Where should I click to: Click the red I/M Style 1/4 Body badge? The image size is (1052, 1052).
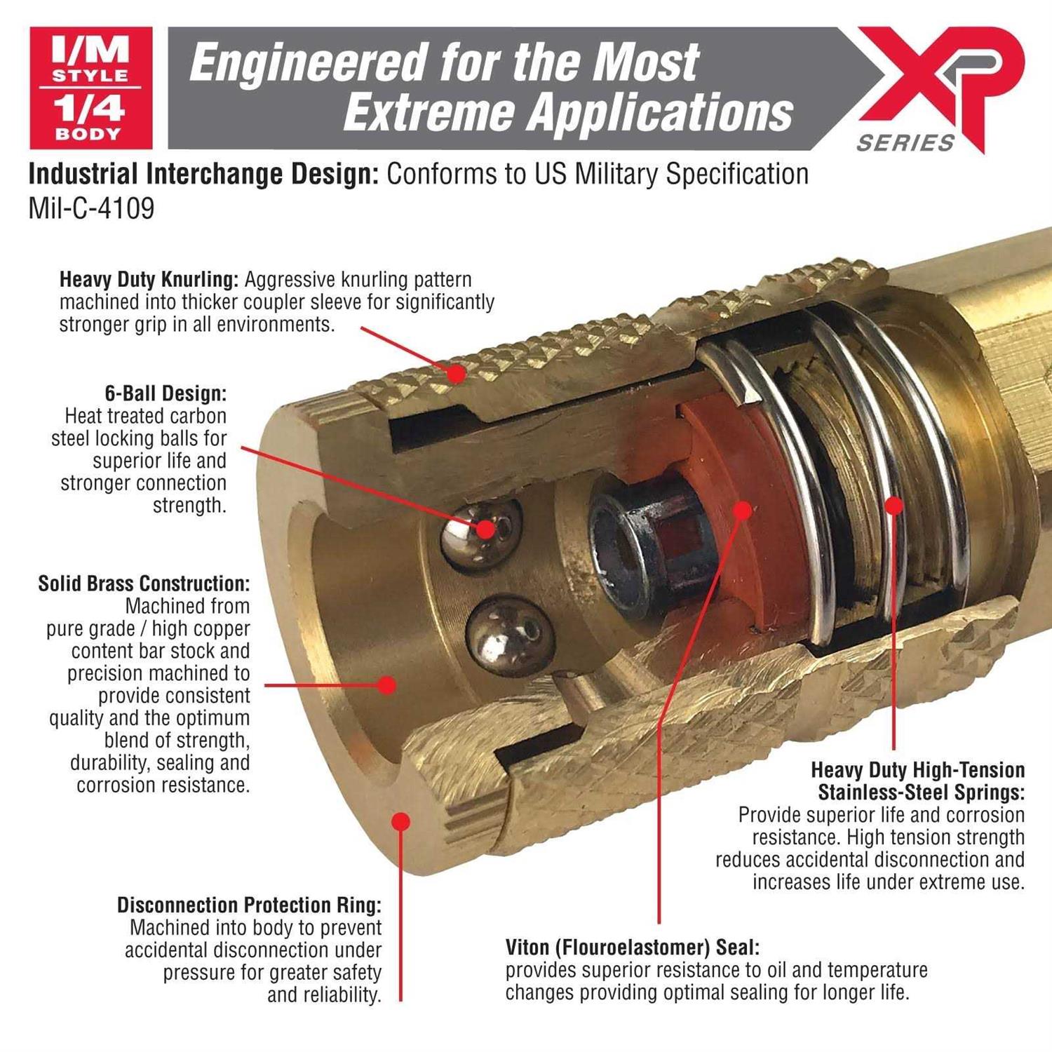91,88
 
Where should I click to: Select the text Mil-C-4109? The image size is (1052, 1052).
91,208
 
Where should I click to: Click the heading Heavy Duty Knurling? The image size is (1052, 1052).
149,280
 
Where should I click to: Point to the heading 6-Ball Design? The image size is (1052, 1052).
166,393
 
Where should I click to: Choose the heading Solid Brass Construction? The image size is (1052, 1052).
144,584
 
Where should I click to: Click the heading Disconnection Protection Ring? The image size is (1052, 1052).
249,905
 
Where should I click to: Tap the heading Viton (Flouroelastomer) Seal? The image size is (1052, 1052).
633,948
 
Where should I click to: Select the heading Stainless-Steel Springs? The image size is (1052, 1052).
922,793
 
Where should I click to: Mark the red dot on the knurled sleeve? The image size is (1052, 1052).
457,374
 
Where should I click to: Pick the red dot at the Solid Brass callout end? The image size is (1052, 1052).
386,685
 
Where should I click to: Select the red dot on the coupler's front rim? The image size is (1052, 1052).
400,821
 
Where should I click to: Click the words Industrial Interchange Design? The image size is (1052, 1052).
204,174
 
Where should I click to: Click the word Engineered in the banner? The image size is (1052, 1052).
309,62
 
